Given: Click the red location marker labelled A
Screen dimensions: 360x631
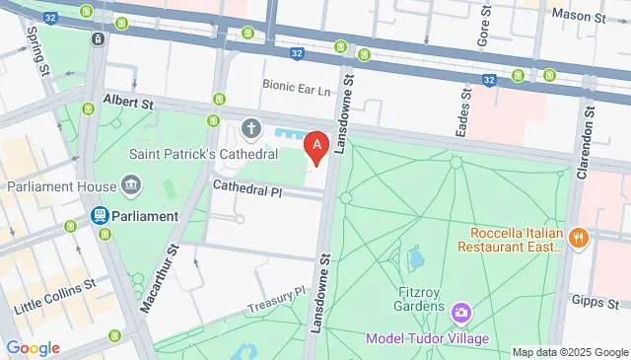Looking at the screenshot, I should (316, 149).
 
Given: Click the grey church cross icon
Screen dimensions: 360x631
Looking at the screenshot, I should (251, 128).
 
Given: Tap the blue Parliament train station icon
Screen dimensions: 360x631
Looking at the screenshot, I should (100, 215).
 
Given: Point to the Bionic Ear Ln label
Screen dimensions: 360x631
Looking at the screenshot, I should (297, 87).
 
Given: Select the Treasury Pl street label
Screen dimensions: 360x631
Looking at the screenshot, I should (278, 297).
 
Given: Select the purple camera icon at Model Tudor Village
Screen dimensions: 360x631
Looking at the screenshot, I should (459, 315).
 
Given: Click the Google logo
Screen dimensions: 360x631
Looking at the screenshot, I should (33, 347).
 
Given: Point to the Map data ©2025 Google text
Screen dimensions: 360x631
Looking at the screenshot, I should (570, 352).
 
